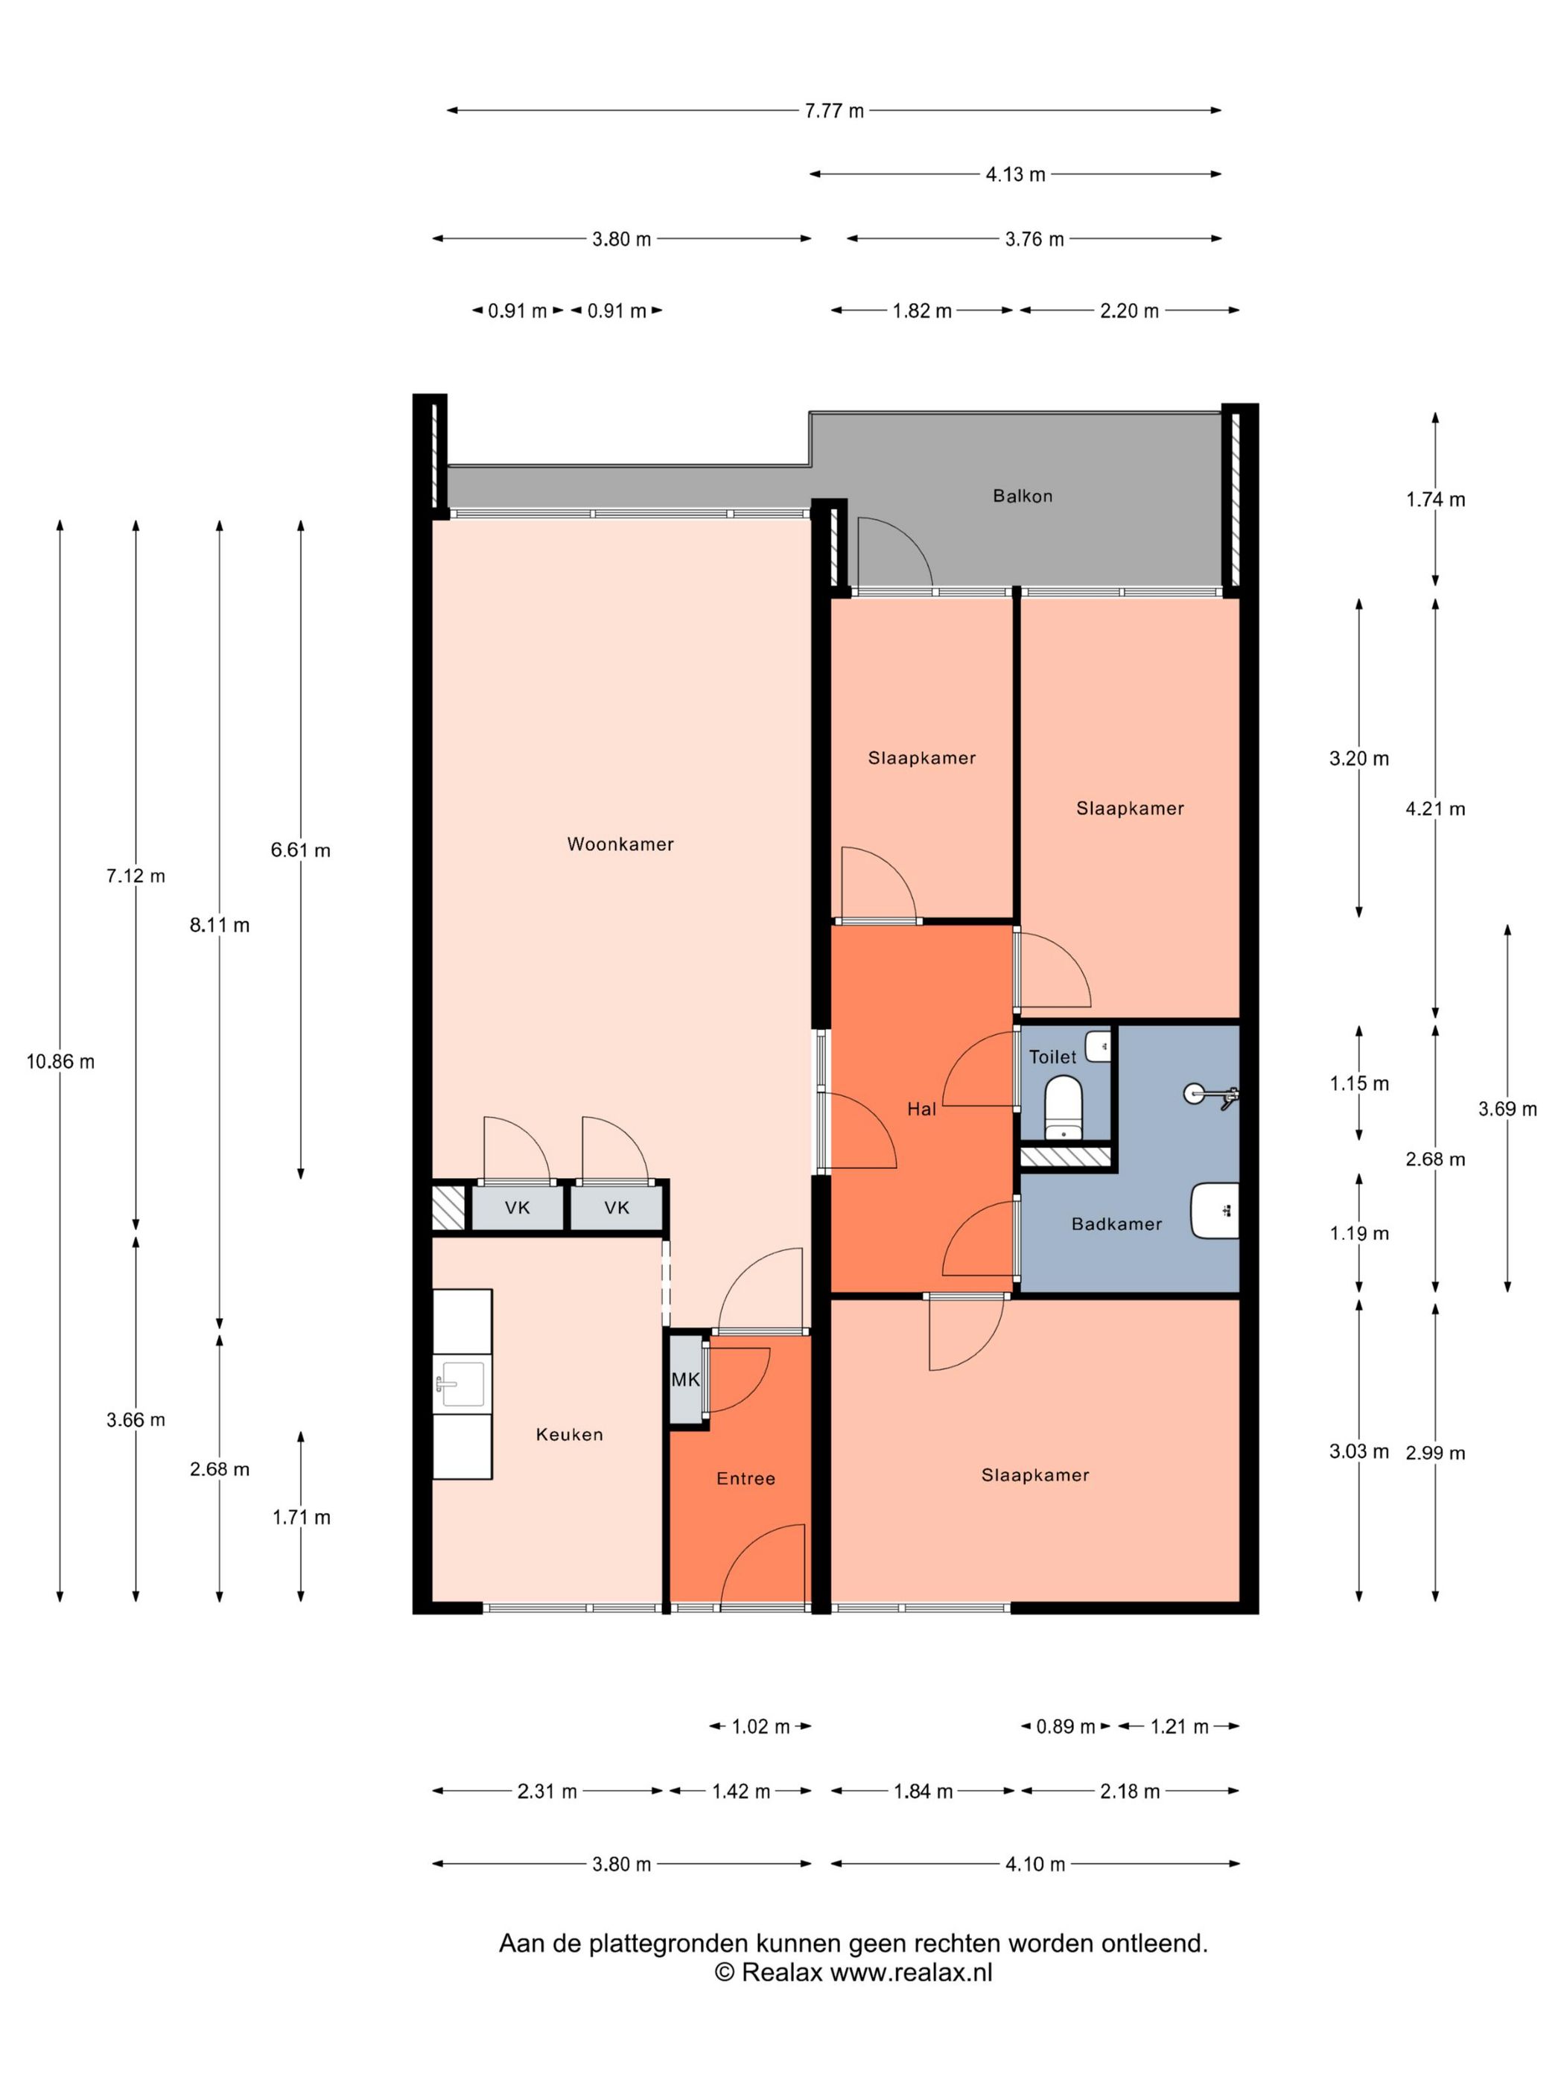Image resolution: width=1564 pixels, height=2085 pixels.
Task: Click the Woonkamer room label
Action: click(620, 844)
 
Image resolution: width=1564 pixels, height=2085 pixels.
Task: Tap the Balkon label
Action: click(1022, 496)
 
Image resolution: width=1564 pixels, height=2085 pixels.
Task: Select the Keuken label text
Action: click(570, 1435)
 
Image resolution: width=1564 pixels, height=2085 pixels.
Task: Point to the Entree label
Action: click(746, 1479)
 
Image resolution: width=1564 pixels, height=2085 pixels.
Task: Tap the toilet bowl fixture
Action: click(1064, 1109)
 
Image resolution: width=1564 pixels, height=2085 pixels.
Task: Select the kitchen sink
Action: click(461, 1384)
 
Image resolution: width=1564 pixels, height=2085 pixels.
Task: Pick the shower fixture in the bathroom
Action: click(1212, 1095)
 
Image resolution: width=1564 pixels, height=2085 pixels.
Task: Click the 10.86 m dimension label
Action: click(60, 1063)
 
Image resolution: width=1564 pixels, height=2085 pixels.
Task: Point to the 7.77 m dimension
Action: click(833, 111)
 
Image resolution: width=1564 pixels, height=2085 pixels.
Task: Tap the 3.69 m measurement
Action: click(1507, 1110)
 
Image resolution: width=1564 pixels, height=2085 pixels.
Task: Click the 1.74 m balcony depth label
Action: click(1436, 500)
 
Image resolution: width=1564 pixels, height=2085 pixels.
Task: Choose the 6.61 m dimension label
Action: click(301, 850)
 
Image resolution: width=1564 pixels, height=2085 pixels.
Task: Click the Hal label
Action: click(922, 1110)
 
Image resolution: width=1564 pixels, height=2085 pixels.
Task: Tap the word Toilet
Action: click(1052, 1057)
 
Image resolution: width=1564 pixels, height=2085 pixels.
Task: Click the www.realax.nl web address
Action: click(911, 1972)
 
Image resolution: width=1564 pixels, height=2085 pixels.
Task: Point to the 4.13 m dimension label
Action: click(1015, 174)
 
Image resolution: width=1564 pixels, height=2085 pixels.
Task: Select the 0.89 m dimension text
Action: click(1065, 1727)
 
